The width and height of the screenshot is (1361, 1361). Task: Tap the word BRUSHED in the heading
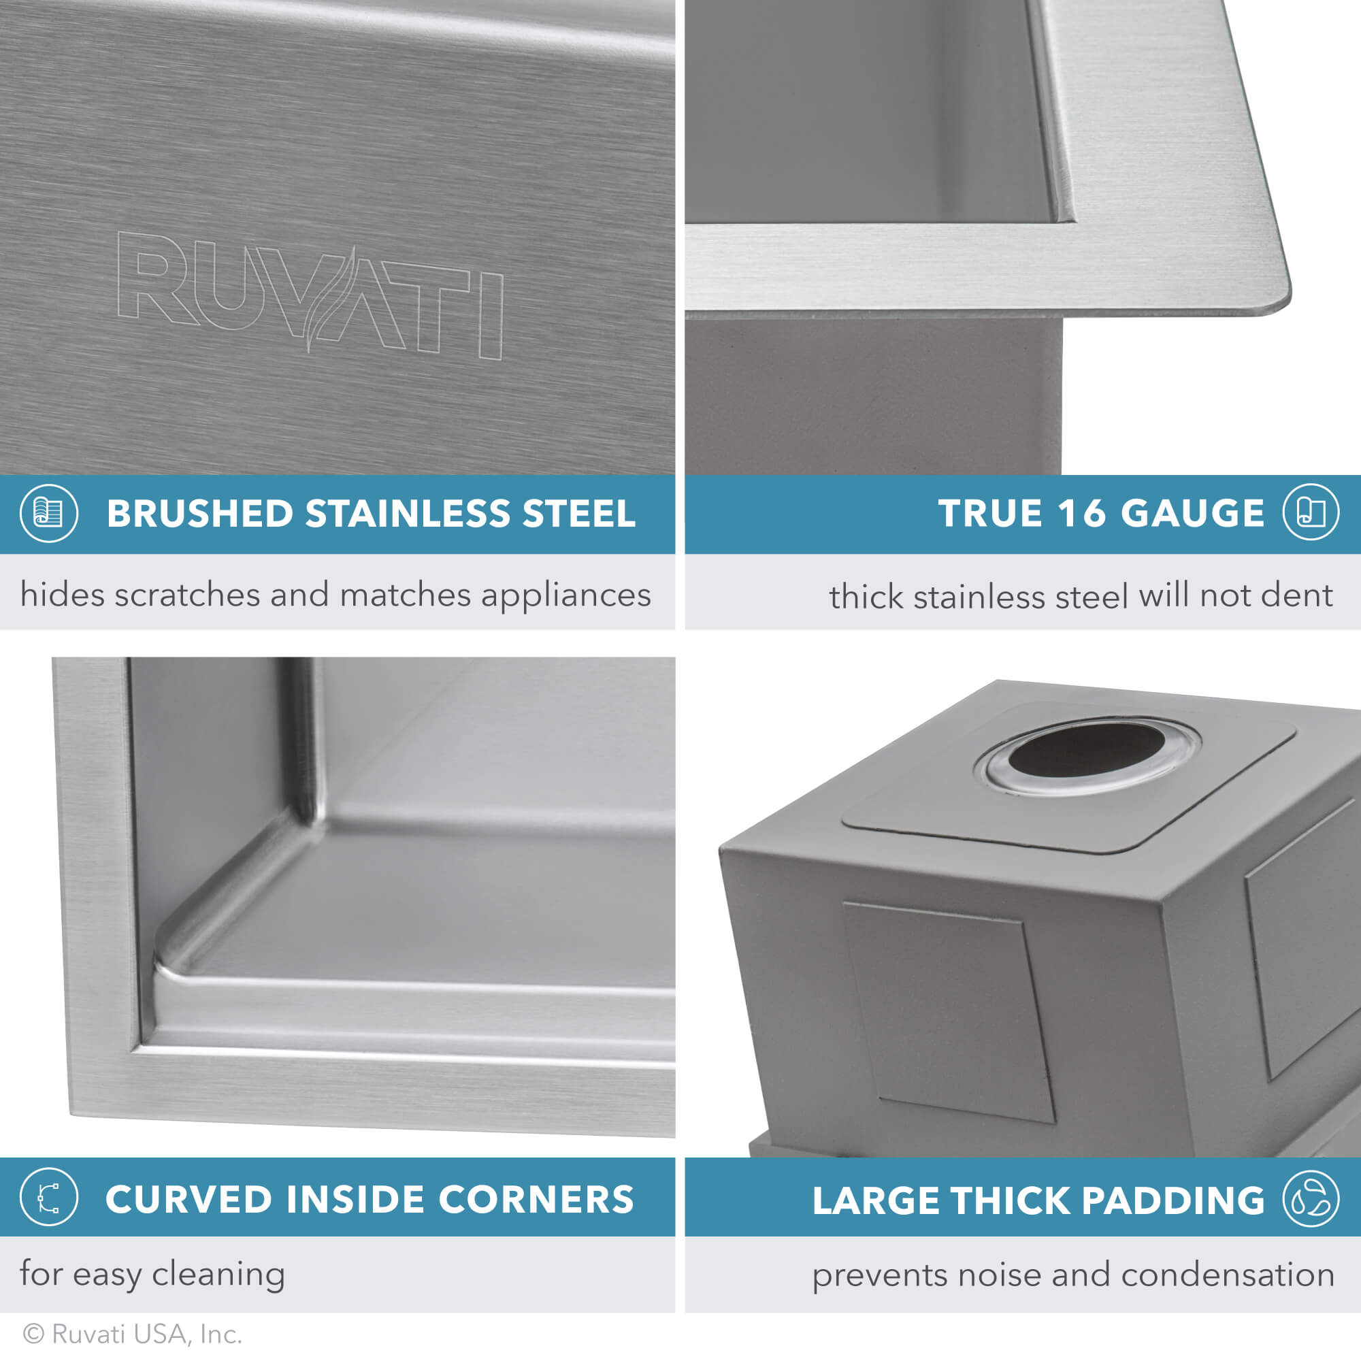199,514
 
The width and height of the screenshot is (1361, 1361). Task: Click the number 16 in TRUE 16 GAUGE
1081,514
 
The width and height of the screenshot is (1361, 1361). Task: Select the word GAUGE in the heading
1193,514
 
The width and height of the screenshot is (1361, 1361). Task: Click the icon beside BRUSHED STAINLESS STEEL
48,513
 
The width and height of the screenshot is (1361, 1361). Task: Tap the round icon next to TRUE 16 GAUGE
1310,512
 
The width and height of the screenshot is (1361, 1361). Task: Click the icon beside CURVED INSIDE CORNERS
48,1197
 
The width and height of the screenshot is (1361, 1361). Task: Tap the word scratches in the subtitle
187,595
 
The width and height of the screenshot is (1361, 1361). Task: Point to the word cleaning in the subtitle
218,1275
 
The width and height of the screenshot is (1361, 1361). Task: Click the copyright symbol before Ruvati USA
34,1334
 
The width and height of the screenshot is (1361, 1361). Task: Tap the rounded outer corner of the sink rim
1274,299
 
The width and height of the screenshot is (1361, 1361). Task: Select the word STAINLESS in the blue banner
406,514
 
